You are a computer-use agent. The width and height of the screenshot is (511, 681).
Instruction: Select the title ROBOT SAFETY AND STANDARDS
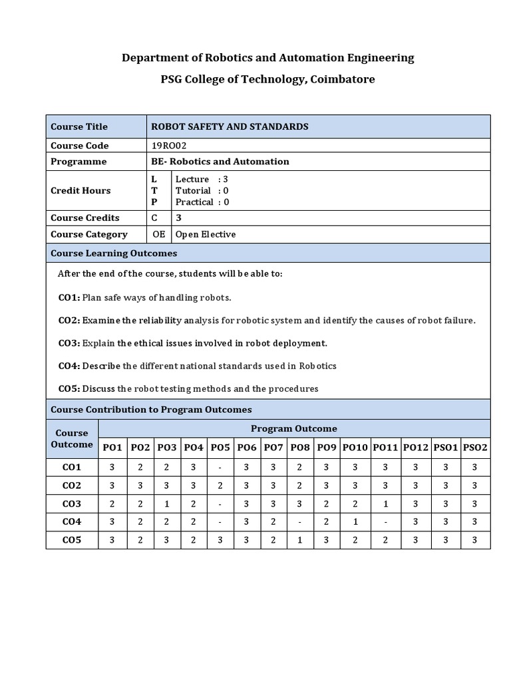(x=230, y=126)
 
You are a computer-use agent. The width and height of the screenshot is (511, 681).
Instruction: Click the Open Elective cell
(x=206, y=234)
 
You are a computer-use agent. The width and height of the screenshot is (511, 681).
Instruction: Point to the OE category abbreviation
(x=159, y=234)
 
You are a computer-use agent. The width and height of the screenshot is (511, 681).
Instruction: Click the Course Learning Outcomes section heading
(x=114, y=253)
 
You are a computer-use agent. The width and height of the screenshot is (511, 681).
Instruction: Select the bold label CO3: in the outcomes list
(x=69, y=343)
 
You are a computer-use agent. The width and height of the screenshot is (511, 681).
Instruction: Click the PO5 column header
(x=220, y=448)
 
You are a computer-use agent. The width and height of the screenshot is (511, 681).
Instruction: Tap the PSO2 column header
(x=475, y=448)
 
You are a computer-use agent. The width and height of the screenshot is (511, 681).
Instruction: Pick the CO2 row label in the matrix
(x=72, y=485)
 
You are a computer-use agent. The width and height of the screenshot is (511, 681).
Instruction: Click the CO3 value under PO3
(x=166, y=504)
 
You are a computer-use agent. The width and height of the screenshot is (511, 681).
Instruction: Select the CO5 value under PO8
(x=300, y=540)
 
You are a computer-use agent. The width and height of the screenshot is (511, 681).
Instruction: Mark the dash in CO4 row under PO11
(x=385, y=522)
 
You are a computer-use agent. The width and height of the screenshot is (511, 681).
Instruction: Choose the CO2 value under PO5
(x=220, y=485)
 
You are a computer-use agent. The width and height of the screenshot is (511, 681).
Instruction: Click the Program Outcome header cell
(x=293, y=428)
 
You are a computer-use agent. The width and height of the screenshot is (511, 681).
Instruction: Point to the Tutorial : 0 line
(x=202, y=191)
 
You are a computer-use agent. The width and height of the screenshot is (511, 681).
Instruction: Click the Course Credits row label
(x=85, y=217)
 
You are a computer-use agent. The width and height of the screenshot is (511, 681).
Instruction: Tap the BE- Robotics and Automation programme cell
(x=220, y=162)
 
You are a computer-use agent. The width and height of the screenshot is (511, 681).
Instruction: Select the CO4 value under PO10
(x=356, y=522)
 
